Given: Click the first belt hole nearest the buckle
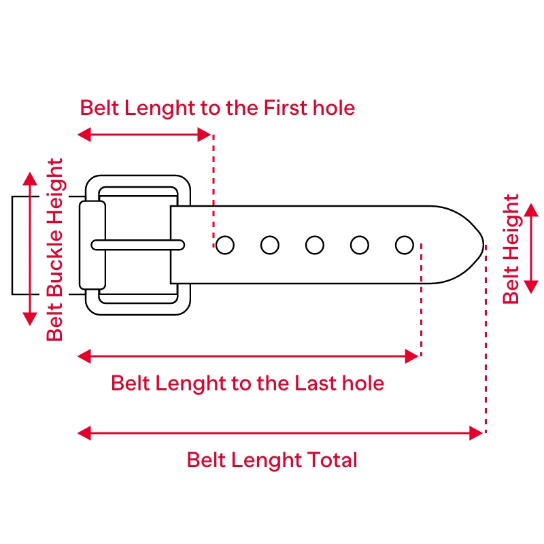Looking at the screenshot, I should (x=225, y=245).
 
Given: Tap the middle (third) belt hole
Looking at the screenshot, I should (x=315, y=245).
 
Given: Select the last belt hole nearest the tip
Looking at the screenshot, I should (x=405, y=245).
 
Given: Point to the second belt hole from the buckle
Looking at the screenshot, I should (x=270, y=245).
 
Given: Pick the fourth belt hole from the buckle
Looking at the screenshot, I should (x=360, y=245).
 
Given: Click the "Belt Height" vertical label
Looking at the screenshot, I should (x=511, y=250).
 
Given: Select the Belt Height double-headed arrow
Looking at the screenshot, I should (x=532, y=249).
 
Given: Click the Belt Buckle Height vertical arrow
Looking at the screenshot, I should (x=29, y=249).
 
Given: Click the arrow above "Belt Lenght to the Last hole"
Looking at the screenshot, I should (x=248, y=356).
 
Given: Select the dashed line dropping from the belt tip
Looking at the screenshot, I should (x=486, y=340).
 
